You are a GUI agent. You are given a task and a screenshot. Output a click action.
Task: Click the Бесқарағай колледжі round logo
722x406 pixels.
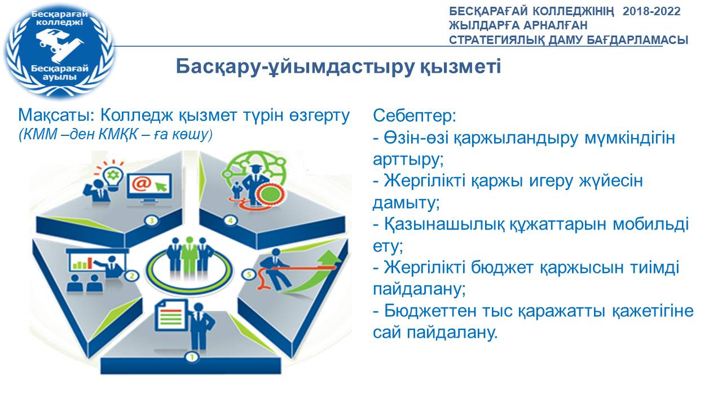coord(60,50)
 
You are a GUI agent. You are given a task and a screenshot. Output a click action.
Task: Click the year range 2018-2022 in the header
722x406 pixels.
coord(651,12)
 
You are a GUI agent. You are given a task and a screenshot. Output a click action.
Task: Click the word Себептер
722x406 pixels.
coord(415,116)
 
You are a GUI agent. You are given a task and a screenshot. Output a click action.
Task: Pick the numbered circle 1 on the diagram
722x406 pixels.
coord(192,358)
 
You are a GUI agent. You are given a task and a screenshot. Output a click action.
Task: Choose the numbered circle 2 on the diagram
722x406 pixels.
coord(131,276)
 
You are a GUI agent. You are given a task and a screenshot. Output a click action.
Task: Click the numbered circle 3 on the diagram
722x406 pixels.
coord(152,220)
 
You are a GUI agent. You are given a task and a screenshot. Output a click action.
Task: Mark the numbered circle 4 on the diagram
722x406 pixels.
coord(230,220)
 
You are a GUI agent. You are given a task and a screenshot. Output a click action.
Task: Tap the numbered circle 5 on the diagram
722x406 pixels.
coord(249,275)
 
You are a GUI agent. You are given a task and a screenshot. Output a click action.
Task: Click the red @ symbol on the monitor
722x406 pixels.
coord(142,184)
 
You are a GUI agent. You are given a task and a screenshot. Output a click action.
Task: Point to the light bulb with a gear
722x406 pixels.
coord(113,177)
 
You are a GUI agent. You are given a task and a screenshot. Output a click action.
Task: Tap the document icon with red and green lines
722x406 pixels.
coord(171,316)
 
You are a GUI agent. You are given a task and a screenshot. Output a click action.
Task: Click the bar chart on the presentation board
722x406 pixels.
coord(80,263)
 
